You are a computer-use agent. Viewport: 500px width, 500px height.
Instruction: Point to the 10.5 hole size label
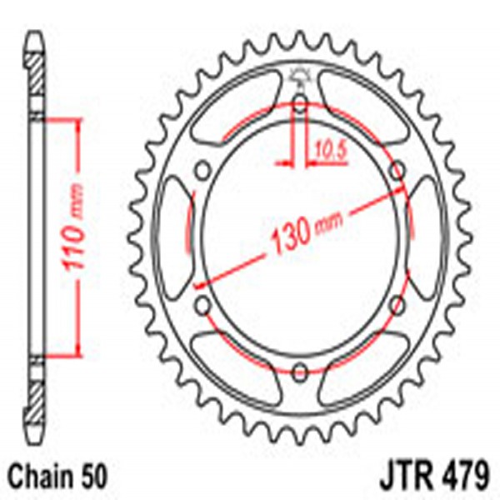point(327,150)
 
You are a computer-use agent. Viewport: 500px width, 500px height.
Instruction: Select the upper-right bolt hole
point(398,170)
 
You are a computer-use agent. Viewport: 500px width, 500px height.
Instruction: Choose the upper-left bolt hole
point(201,170)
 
